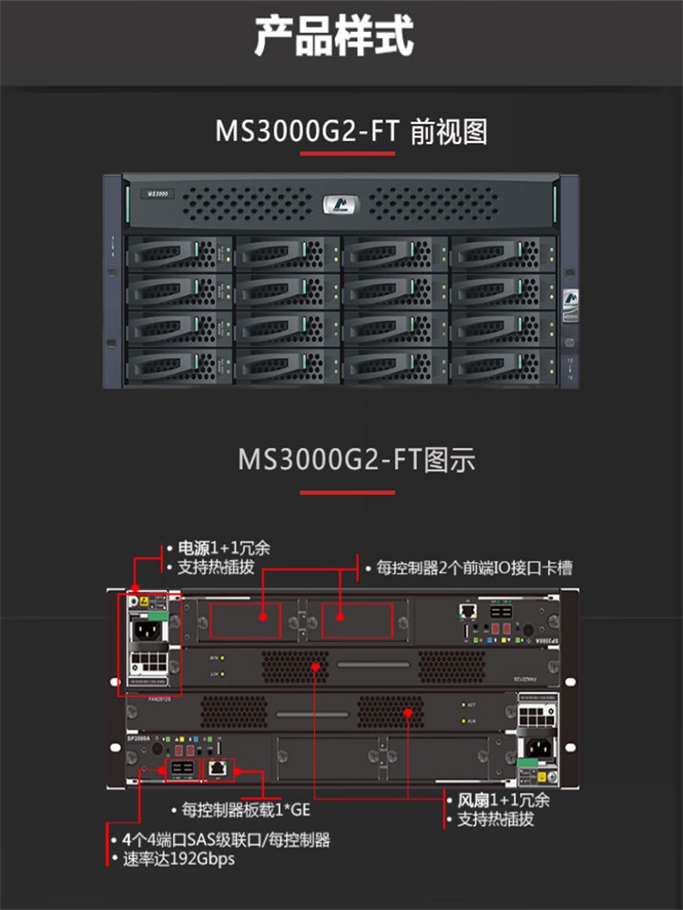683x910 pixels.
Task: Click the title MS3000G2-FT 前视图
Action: click(x=351, y=132)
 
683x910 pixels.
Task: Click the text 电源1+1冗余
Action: click(x=223, y=549)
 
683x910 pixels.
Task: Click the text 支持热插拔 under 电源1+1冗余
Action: click(x=215, y=568)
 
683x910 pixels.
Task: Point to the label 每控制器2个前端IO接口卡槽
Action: click(x=474, y=569)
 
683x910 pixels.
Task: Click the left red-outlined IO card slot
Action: click(x=244, y=619)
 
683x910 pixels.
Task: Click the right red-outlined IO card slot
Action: click(x=357, y=619)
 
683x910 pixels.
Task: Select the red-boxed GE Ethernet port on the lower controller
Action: click(x=218, y=768)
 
